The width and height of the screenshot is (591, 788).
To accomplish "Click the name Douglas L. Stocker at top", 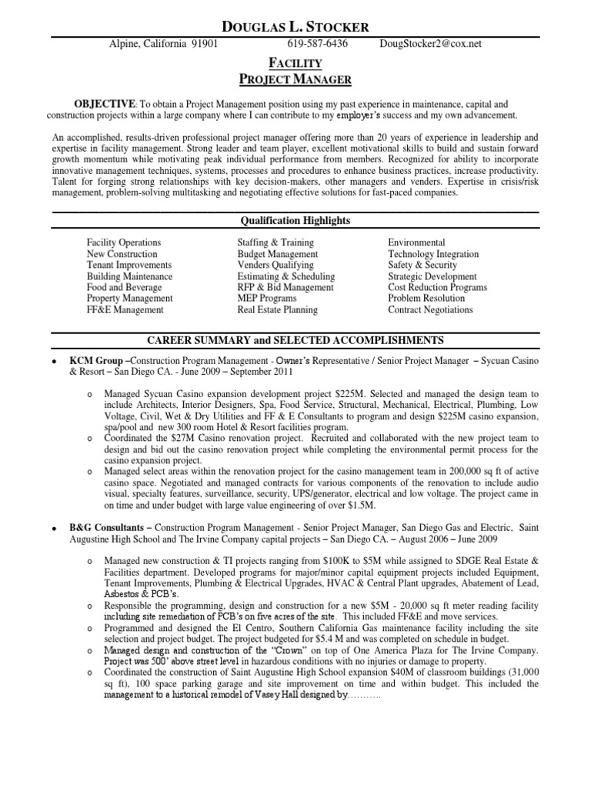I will pos(295,27).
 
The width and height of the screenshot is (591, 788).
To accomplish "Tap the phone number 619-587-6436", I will pos(318,44).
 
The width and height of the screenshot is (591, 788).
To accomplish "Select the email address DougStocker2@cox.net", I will pos(431,44).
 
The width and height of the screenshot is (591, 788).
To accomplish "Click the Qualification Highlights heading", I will pos(295,221).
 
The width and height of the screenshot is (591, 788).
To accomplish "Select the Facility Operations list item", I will pos(124,242).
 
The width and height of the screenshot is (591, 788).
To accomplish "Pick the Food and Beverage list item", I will pos(124,287).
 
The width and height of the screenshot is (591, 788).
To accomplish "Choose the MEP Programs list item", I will pos(266,299).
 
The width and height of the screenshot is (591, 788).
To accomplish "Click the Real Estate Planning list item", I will pos(277,310).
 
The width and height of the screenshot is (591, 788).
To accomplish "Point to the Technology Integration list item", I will pos(433,254).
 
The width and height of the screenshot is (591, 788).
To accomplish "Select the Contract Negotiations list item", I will pos(430,310).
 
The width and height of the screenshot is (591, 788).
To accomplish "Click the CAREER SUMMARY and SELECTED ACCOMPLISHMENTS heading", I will pos(295,339).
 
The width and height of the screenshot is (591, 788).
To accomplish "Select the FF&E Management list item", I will pos(125,310).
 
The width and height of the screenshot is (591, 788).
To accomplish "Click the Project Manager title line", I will pos(295,78).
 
